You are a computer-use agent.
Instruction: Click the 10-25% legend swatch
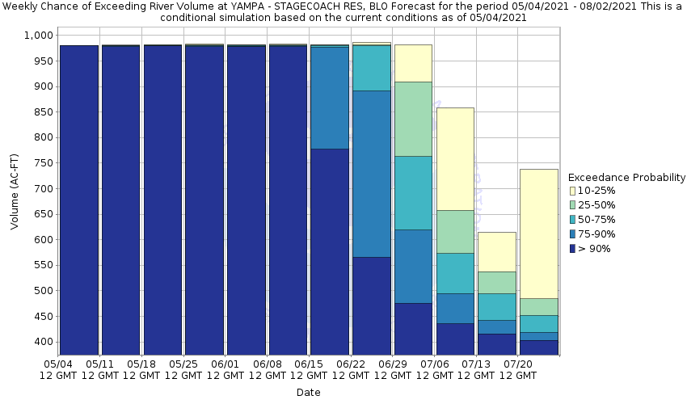(572, 191)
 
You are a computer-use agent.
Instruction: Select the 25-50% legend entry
(594, 205)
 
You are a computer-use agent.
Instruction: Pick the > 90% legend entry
(594, 249)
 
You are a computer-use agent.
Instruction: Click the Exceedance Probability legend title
(626, 177)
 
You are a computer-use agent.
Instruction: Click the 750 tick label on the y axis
(42, 163)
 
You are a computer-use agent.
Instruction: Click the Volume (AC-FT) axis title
(15, 194)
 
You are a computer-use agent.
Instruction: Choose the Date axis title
(308, 393)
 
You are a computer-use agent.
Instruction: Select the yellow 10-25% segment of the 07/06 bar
(455, 158)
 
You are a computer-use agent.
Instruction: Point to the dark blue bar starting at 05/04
(79, 202)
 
